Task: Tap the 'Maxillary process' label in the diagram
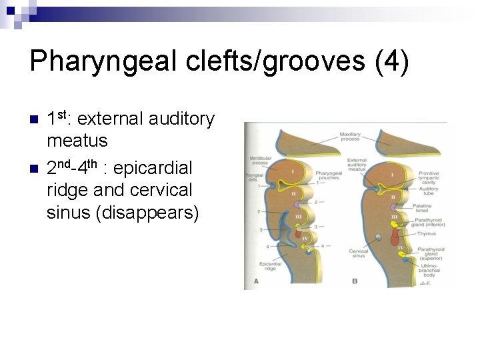350,138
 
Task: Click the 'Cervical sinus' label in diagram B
358,253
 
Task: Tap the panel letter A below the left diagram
256,281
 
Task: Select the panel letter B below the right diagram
355,281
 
